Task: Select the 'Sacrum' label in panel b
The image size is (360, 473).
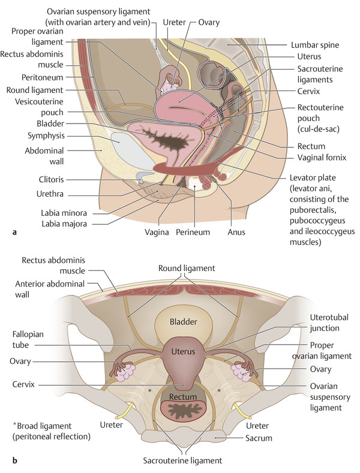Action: click(259, 438)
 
